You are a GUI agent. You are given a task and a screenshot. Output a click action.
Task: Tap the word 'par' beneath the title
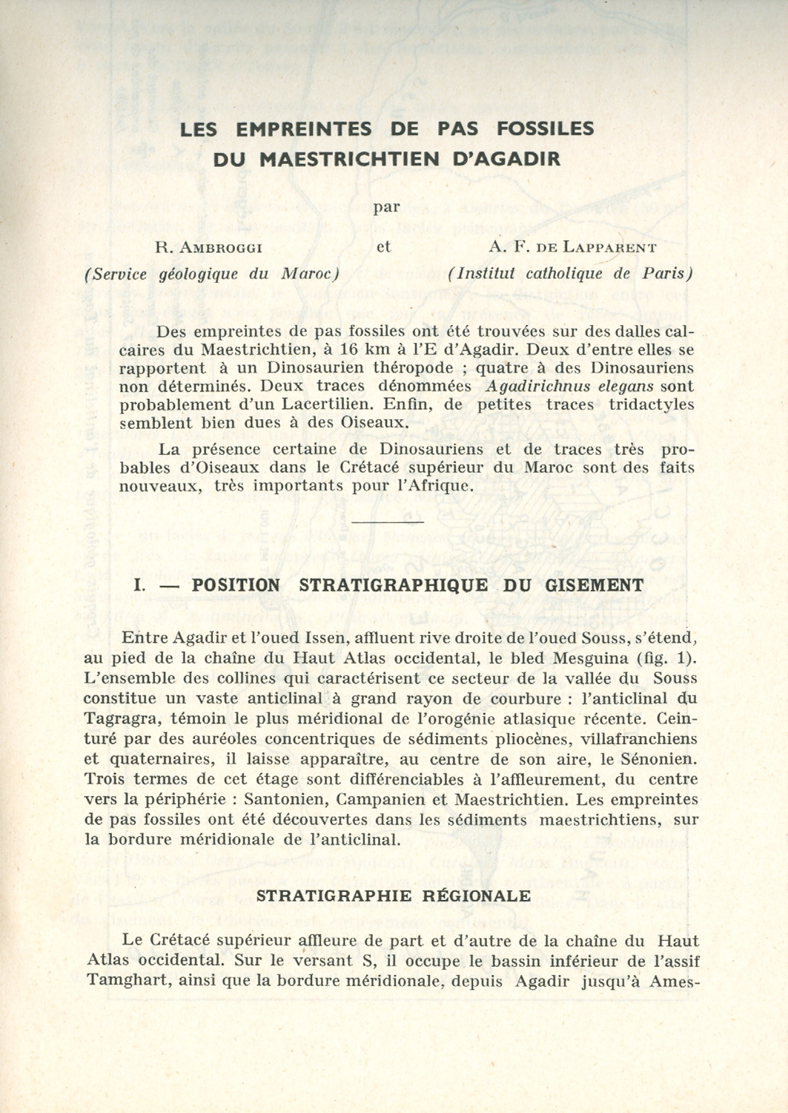(385, 207)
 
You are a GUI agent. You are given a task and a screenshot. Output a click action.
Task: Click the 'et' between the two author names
(383, 248)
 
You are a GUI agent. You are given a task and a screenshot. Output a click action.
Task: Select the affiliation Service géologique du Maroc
(212, 273)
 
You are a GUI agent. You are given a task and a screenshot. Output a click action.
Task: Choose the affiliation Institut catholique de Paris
(570, 273)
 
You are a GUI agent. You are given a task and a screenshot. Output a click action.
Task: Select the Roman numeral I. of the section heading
(139, 585)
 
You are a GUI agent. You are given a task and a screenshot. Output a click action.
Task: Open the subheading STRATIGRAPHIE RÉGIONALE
(393, 895)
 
